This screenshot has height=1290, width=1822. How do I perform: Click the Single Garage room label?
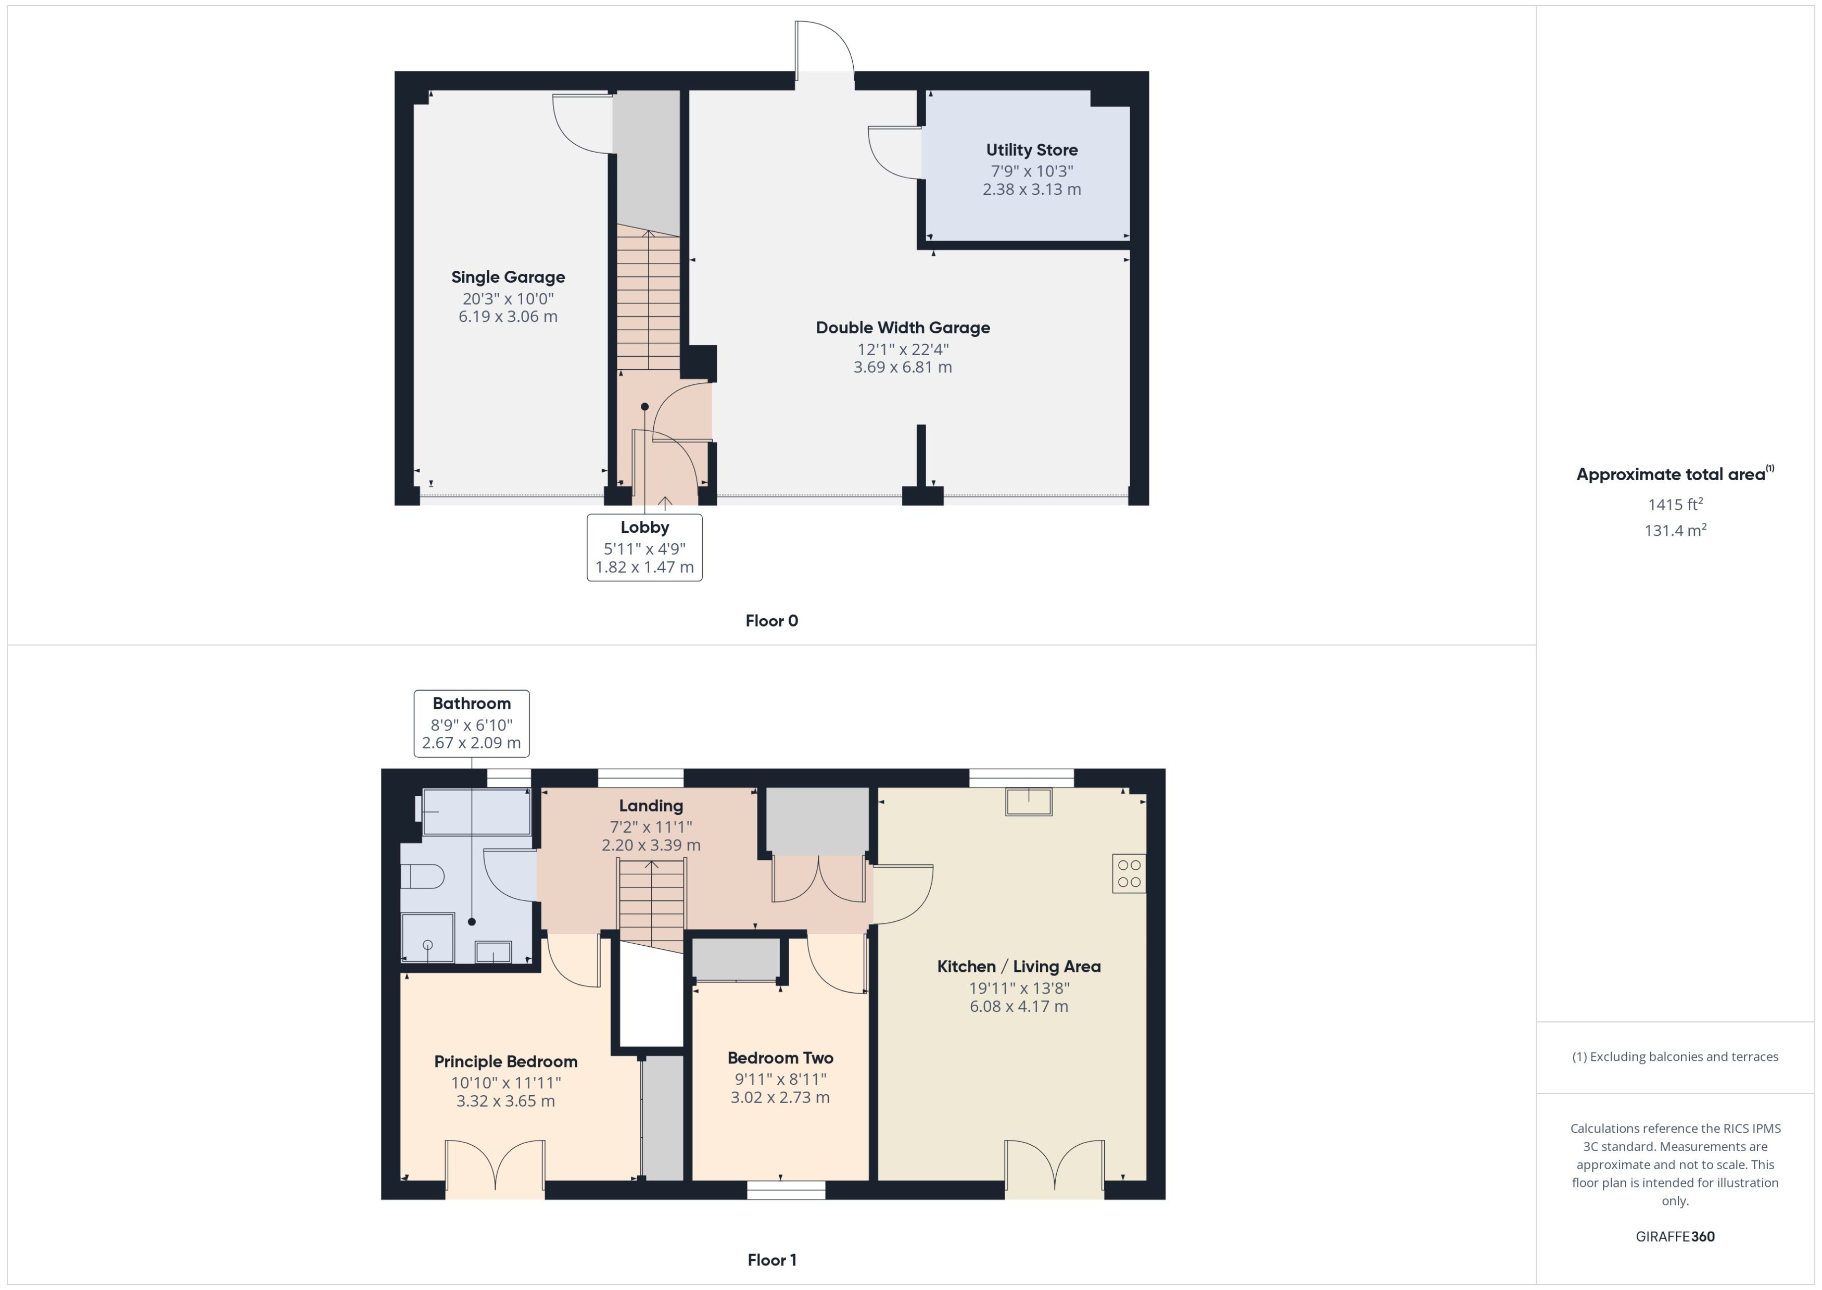point(508,277)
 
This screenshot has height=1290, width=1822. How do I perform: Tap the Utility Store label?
point(1031,150)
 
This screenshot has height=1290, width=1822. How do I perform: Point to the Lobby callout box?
point(644,547)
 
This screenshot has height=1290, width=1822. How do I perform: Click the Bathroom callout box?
point(472,723)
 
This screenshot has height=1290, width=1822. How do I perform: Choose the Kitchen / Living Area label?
point(1019,967)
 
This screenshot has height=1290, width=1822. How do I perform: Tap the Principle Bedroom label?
point(505,1062)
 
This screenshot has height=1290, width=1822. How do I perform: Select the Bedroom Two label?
point(780,1058)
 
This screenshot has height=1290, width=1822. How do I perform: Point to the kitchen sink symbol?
point(1028,801)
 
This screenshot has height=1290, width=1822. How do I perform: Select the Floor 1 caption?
point(771,1260)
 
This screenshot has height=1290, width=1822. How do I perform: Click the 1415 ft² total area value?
point(1675,505)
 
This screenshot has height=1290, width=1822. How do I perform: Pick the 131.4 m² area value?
point(1675,531)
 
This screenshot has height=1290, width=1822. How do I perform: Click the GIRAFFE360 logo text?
point(1675,1237)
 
